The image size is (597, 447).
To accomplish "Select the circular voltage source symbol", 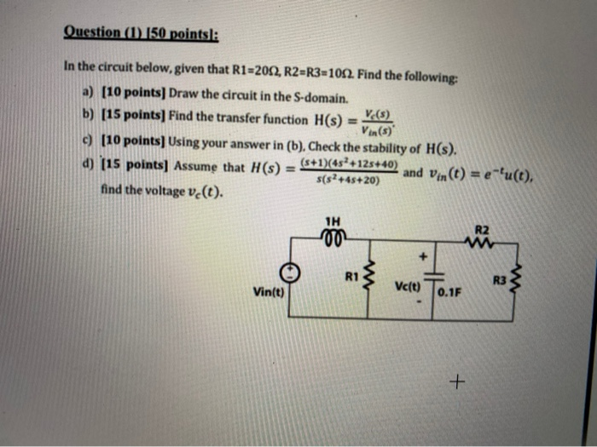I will [x=292, y=272].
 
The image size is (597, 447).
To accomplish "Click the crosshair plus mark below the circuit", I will [x=459, y=383].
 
